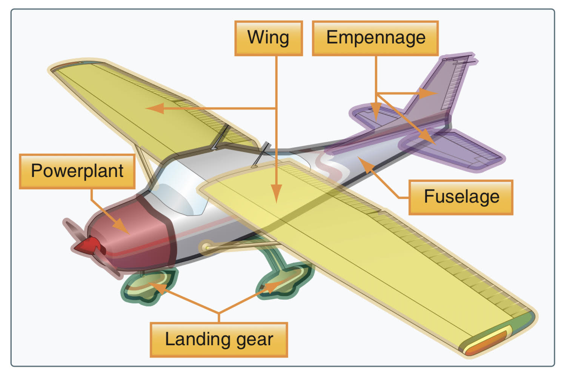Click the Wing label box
pos(268,38)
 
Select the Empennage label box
pos(375,38)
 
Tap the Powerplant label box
pos(77,171)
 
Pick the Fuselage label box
pos(461,197)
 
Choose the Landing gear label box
pos(219,340)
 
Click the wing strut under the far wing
pos(143,162)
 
